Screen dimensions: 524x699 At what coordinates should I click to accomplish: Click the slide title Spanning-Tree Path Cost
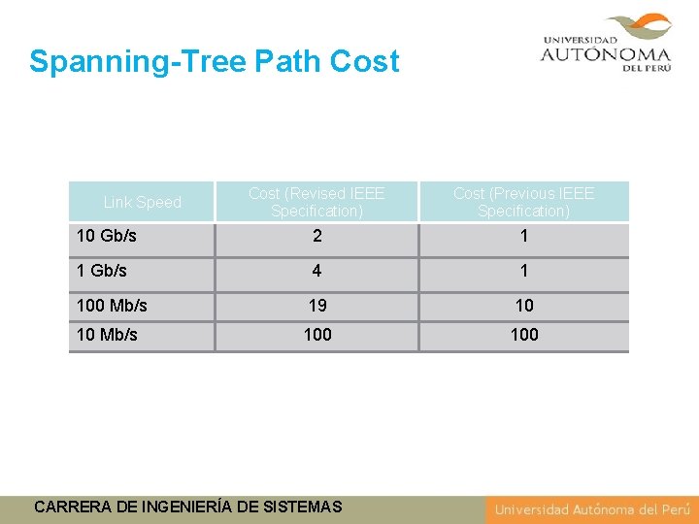coord(214,62)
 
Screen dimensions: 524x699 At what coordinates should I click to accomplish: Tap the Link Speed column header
coord(143,203)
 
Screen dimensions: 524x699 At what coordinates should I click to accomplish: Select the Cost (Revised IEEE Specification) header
coord(316,202)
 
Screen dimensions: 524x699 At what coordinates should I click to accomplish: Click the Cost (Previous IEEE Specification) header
coord(523,202)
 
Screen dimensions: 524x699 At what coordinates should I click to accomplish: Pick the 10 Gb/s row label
coord(106,237)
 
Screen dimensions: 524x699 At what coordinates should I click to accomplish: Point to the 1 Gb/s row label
coord(101,271)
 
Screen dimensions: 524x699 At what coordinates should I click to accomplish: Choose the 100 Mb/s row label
coord(112,306)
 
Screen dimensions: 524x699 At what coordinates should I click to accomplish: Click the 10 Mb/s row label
coord(107,335)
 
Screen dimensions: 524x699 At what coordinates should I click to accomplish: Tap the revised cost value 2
coord(317,237)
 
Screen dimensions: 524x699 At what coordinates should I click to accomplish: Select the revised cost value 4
coord(317,271)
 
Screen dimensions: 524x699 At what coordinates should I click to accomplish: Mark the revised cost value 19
coord(317,306)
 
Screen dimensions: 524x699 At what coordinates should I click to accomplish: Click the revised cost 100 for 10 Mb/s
coord(317,335)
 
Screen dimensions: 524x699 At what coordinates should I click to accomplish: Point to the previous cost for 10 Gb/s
coord(524,237)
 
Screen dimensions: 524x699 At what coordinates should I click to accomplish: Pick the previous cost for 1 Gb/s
coord(524,271)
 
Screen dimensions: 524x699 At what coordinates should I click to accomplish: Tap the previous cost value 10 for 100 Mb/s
coord(524,306)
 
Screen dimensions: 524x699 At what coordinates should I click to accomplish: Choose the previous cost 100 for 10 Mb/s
coord(524,335)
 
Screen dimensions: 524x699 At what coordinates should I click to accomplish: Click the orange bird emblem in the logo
coord(638,28)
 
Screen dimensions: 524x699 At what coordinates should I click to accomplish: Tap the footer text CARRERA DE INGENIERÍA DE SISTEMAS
coord(187,507)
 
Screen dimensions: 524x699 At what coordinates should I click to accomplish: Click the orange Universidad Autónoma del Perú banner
coord(591,509)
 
